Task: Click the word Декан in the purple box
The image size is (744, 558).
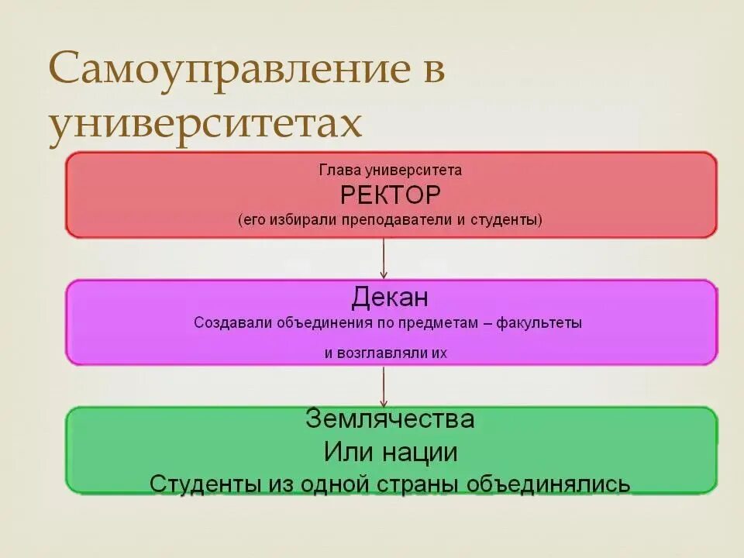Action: pyautogui.click(x=390, y=298)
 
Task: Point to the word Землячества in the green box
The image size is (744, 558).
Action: pyautogui.click(x=390, y=419)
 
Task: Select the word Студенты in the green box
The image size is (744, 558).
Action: pyautogui.click(x=200, y=484)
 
